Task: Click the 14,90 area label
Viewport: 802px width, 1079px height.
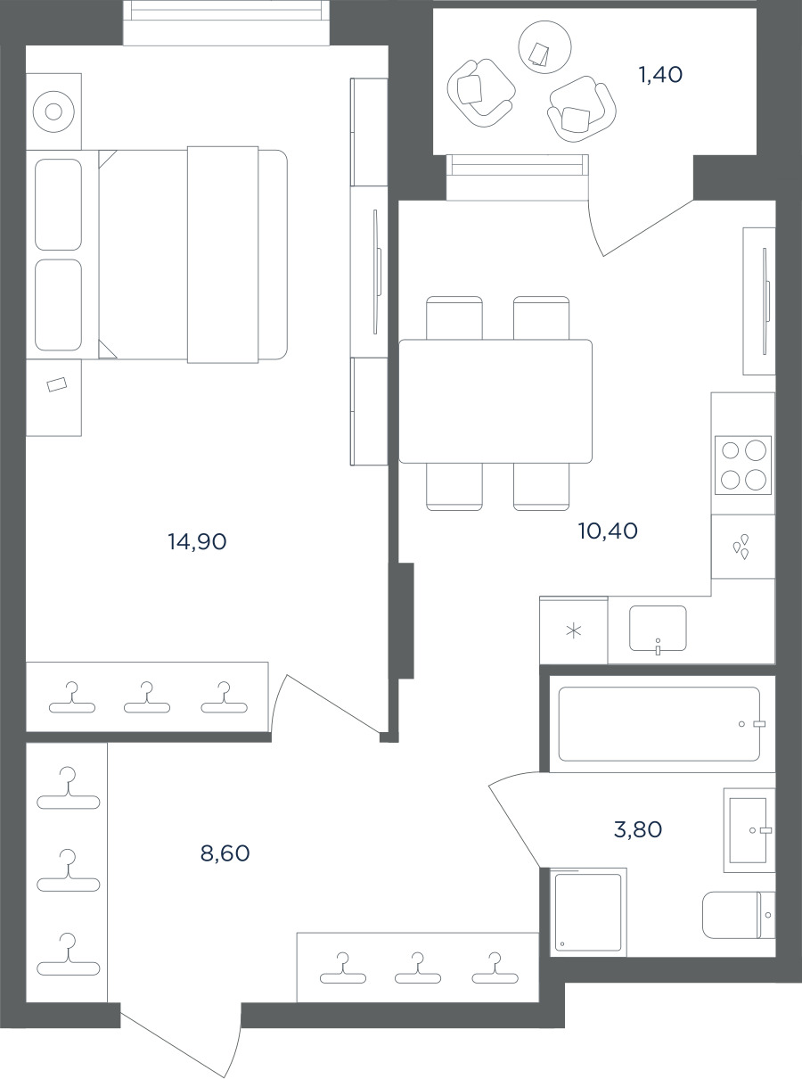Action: pyautogui.click(x=197, y=541)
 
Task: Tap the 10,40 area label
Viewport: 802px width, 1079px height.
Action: pyautogui.click(x=608, y=531)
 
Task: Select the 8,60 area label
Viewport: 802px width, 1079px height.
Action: pyautogui.click(x=225, y=852)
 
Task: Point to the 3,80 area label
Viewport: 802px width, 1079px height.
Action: pyautogui.click(x=638, y=829)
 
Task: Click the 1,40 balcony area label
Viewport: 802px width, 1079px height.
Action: pyautogui.click(x=660, y=75)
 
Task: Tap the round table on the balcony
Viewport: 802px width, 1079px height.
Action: pyautogui.click(x=545, y=47)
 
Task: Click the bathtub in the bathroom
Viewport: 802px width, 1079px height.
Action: pyautogui.click(x=659, y=724)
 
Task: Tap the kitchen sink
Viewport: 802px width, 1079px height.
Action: pyautogui.click(x=658, y=628)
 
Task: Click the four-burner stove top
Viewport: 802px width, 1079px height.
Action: pyautogui.click(x=743, y=465)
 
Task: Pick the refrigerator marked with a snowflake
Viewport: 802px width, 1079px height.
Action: pyautogui.click(x=574, y=630)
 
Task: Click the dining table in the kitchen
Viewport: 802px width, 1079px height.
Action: pyautogui.click(x=495, y=401)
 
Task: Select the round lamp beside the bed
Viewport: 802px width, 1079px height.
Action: pyautogui.click(x=53, y=111)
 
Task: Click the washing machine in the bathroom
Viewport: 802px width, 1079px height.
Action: pyautogui.click(x=588, y=911)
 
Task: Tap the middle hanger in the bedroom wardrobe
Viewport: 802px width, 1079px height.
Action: pyautogui.click(x=147, y=697)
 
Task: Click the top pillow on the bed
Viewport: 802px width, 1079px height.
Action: pyautogui.click(x=58, y=204)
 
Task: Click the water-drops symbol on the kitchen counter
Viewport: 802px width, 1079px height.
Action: pyautogui.click(x=741, y=547)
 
